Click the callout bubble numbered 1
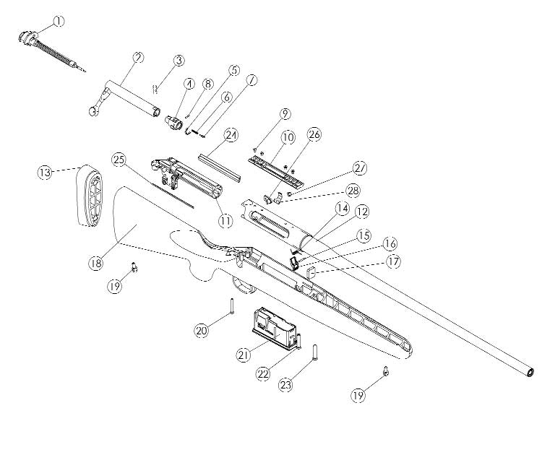pos(59,22)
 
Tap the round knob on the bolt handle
pos(93,111)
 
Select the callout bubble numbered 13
pos(45,172)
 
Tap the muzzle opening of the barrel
pos(530,373)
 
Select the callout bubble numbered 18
pos(95,264)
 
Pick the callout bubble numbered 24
pos(232,136)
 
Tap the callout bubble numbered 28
pos(353,191)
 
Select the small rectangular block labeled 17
pos(311,272)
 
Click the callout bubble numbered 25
pos(119,160)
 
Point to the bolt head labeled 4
pos(173,121)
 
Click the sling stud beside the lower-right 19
pos(386,371)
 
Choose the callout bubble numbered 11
pos(225,221)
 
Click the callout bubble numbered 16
pos(390,243)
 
